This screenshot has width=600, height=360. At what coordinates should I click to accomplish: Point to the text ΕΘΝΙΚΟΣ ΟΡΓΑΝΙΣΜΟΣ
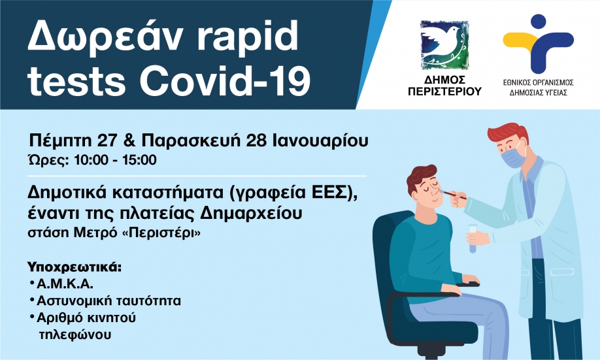coord(538,83)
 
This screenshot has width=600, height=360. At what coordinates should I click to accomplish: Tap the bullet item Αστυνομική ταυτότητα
coord(109,301)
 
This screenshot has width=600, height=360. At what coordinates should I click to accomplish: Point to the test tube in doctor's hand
coord(471,237)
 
